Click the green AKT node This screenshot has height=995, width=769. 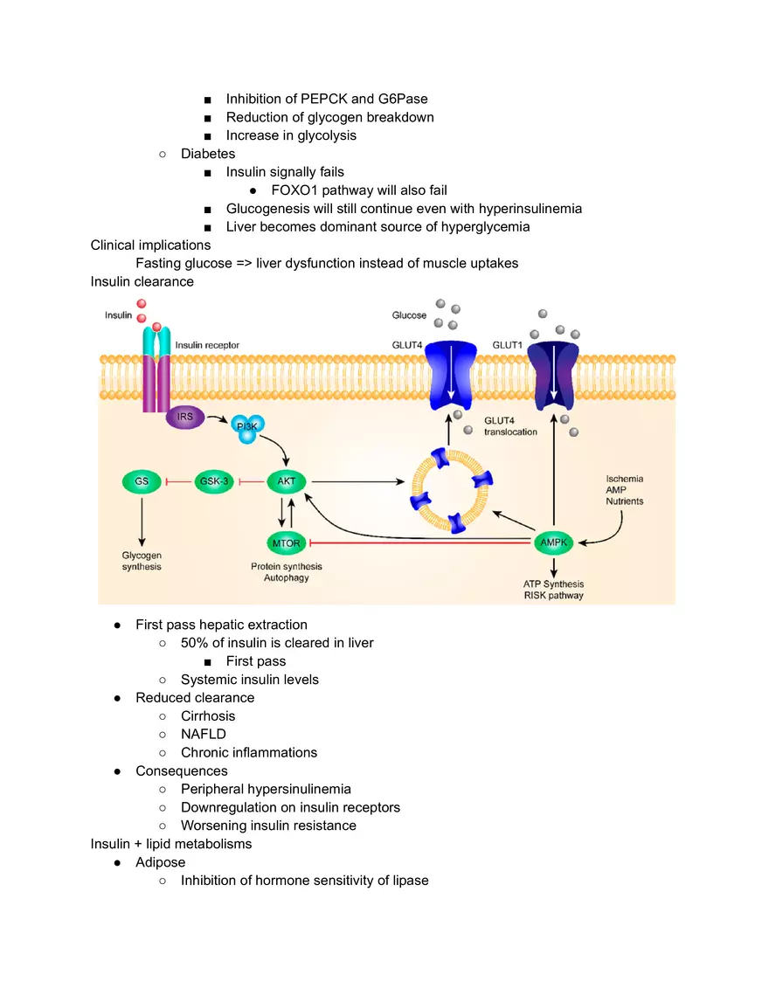(287, 480)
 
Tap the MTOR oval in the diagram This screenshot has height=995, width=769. (286, 543)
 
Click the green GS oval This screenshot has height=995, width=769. (142, 480)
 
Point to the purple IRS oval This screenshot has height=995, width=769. (185, 418)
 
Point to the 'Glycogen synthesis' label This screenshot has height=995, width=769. (142, 561)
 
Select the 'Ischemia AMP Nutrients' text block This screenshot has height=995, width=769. (624, 490)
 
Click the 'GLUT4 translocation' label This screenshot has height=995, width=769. (510, 426)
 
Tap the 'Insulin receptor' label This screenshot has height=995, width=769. (207, 345)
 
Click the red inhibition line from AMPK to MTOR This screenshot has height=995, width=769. (419, 543)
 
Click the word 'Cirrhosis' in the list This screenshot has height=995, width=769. (208, 716)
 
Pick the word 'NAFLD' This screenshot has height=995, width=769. (203, 735)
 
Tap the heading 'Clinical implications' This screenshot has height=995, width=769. (150, 245)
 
